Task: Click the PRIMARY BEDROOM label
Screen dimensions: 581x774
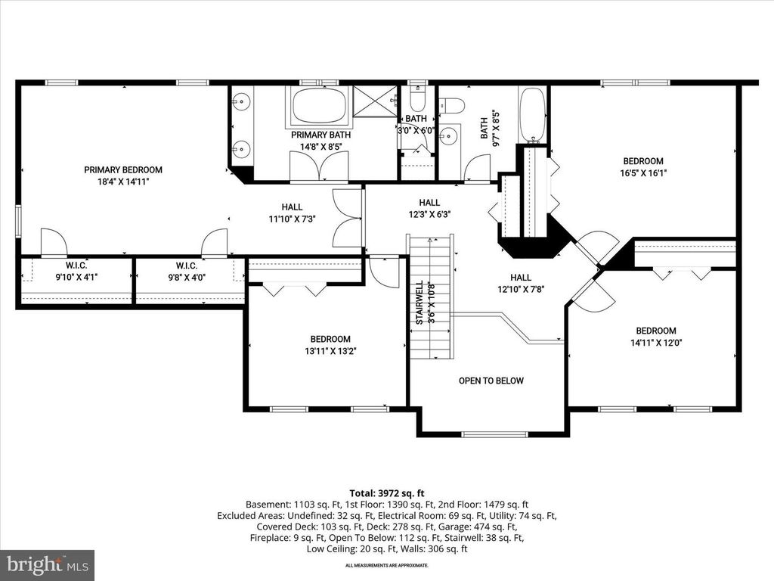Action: (123, 170)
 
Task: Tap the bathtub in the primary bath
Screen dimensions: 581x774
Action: (318, 106)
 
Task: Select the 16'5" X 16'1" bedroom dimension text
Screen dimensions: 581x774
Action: (643, 172)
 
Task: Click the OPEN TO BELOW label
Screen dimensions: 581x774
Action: (491, 381)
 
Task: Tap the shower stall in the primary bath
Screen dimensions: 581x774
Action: (376, 101)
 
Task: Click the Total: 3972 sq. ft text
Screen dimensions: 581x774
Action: (386, 493)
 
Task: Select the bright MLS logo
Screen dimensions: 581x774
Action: (47, 564)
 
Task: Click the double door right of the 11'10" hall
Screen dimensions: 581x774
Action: (348, 219)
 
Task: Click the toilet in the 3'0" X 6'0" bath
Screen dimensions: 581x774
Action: (417, 101)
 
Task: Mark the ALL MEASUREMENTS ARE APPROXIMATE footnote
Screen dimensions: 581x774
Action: (386, 566)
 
